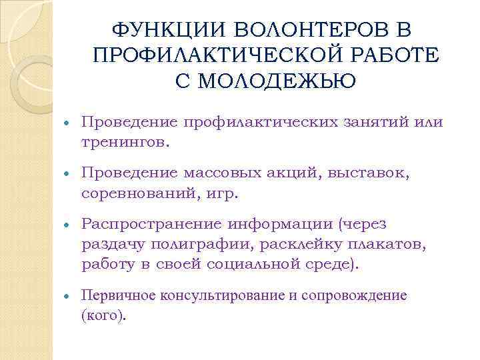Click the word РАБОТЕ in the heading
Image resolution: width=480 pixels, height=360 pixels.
(x=398, y=55)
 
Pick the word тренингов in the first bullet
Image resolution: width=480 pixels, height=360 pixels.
(x=123, y=141)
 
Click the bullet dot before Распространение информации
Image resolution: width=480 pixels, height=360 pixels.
(x=67, y=225)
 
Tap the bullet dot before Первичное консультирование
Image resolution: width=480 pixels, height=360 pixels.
(x=67, y=295)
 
